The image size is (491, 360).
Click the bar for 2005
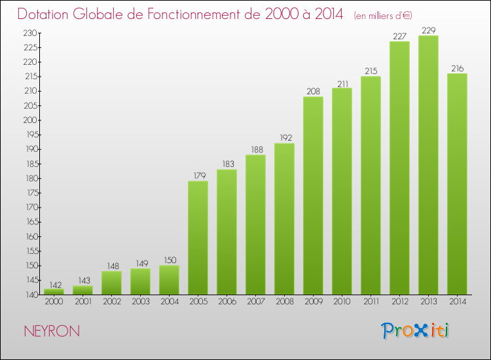pos(198,238)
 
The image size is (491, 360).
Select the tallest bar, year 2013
pos(428,165)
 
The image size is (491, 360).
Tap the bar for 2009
pos(313,196)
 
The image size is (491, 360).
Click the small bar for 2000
pos(54,292)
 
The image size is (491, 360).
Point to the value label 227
pos(399,37)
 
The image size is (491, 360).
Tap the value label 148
pos(111,266)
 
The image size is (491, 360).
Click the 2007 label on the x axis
pos(255,302)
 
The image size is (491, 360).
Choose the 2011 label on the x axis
pos(371,302)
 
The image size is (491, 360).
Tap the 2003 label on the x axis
pos(140,302)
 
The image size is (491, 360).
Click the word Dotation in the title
pos(50,14)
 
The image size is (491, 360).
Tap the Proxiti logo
pos(414,331)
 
